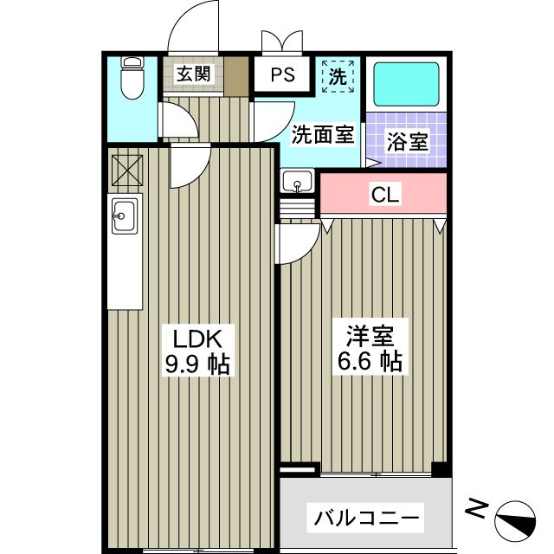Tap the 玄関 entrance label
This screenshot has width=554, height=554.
[x=194, y=74]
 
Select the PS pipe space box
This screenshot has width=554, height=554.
[x=282, y=74]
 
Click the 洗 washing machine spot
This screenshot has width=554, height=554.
[x=338, y=75]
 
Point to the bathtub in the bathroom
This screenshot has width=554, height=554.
[x=406, y=85]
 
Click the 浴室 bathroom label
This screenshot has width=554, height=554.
[x=407, y=142]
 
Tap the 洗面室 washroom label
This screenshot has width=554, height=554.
[x=322, y=134]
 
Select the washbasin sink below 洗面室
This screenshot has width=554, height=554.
[x=299, y=183]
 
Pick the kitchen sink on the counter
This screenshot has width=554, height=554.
[x=124, y=216]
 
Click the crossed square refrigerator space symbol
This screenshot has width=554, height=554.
[x=126, y=170]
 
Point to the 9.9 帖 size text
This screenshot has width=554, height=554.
[x=196, y=364]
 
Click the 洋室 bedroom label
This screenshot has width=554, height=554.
[x=368, y=333]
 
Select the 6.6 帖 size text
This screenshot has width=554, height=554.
[x=368, y=361]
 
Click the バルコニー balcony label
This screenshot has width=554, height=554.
[x=367, y=519]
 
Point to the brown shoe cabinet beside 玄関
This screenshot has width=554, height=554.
[x=236, y=75]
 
